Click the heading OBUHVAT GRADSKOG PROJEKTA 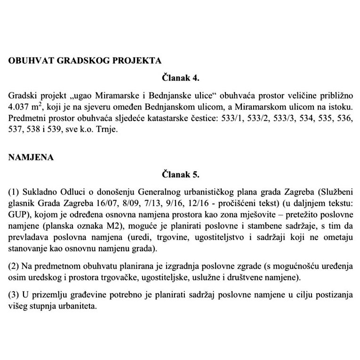point(85,61)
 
